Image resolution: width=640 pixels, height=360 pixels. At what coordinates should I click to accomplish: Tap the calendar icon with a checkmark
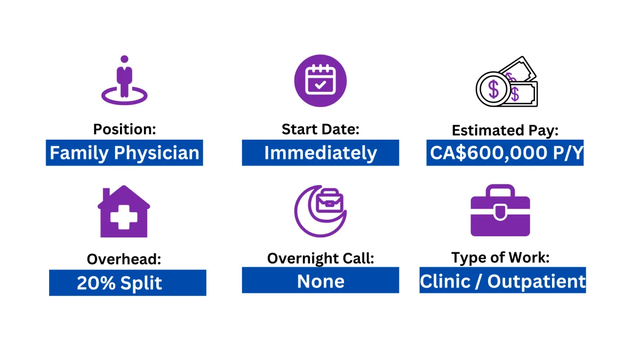pyautogui.click(x=321, y=81)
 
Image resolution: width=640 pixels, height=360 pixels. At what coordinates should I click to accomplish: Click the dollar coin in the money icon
pyautogui.click(x=493, y=90)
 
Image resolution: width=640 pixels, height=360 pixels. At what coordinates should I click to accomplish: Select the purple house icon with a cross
pyautogui.click(x=124, y=211)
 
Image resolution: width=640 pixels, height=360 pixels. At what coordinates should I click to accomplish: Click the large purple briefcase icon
pyautogui.click(x=500, y=210)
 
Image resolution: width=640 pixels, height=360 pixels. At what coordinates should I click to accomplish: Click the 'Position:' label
pyautogui.click(x=125, y=129)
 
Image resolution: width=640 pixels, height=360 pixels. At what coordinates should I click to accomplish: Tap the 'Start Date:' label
pyautogui.click(x=321, y=129)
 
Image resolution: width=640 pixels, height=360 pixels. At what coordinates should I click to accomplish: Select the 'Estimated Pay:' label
pyautogui.click(x=505, y=130)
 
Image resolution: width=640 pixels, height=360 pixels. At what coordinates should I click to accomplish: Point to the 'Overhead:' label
pyautogui.click(x=124, y=259)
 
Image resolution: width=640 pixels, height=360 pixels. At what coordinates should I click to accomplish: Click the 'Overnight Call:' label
pyautogui.click(x=321, y=258)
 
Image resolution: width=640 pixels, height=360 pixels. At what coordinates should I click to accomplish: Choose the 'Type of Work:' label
pyautogui.click(x=500, y=258)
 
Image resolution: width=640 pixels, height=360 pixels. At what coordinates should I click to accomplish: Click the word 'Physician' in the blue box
pyautogui.click(x=157, y=153)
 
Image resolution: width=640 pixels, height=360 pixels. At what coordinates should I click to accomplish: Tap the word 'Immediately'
pyautogui.click(x=321, y=153)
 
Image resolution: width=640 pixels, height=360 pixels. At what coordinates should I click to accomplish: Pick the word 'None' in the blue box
pyautogui.click(x=321, y=281)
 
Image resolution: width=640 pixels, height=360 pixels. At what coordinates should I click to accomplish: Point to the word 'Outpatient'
pyautogui.click(x=537, y=281)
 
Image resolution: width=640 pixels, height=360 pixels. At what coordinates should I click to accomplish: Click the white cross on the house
pyautogui.click(x=124, y=218)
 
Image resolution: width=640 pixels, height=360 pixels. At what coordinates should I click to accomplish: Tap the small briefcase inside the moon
pyautogui.click(x=330, y=200)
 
